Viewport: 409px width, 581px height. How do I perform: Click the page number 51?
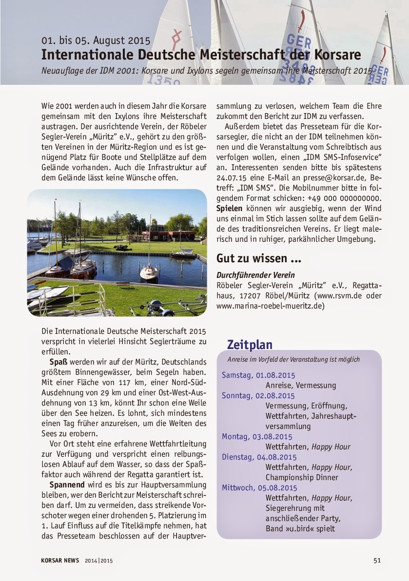(377, 561)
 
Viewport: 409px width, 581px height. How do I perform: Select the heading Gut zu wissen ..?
(258, 258)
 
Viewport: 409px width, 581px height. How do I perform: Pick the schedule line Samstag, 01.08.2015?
(258, 375)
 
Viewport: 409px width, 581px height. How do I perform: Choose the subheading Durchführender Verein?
(255, 275)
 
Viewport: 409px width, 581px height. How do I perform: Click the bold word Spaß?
(58, 362)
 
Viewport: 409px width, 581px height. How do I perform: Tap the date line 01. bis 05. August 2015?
(96, 40)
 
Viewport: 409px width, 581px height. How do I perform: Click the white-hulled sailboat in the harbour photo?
(149, 271)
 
